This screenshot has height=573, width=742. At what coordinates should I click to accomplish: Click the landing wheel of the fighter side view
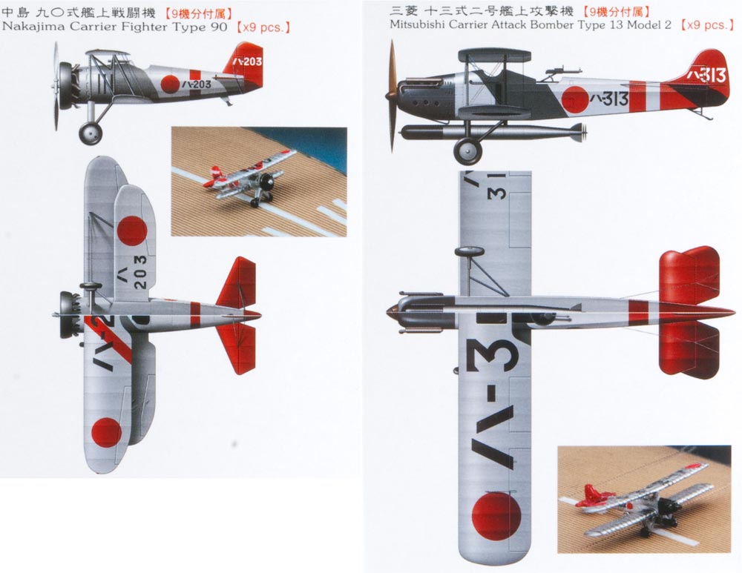pos(90,133)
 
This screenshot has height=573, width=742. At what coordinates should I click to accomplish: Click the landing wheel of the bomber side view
pos(468,150)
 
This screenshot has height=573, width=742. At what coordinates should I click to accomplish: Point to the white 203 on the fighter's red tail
pos(252,62)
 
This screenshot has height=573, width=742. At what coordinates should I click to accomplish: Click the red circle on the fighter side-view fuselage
pos(171,85)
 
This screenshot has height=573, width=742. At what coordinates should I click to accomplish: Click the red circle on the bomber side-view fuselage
pos(575,100)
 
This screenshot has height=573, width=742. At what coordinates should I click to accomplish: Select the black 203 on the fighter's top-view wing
pos(140,271)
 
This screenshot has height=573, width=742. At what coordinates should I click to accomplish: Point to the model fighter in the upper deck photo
pos(246,177)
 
